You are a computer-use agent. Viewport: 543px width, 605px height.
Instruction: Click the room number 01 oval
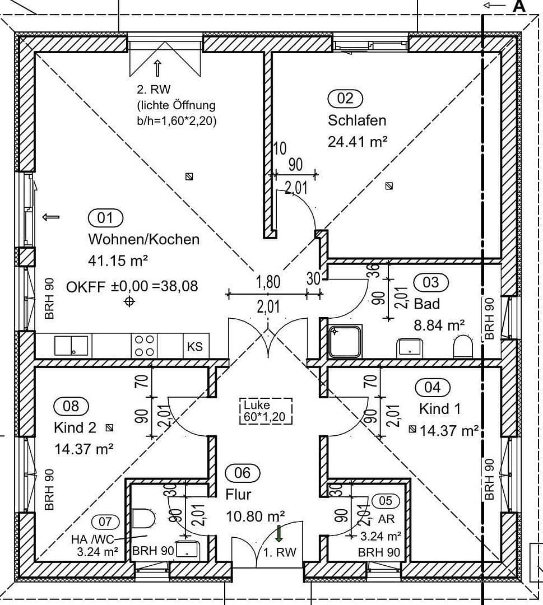[105, 217]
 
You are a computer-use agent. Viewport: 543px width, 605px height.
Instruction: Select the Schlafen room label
[357, 120]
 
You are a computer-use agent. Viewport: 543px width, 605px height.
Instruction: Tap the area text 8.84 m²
[439, 325]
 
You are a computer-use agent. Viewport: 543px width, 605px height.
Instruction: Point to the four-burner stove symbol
[143, 346]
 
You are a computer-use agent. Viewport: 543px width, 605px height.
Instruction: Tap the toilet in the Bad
[463, 347]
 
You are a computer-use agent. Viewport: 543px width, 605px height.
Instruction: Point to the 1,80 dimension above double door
[268, 282]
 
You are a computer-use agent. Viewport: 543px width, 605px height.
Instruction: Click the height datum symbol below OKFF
[129, 302]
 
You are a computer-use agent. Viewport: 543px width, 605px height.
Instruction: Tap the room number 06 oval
[242, 473]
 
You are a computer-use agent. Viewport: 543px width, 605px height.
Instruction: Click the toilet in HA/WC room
[143, 518]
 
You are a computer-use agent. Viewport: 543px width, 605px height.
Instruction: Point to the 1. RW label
[280, 552]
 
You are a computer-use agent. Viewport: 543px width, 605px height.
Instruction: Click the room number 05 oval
[386, 500]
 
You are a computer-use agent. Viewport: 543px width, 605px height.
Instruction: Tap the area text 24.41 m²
[358, 142]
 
